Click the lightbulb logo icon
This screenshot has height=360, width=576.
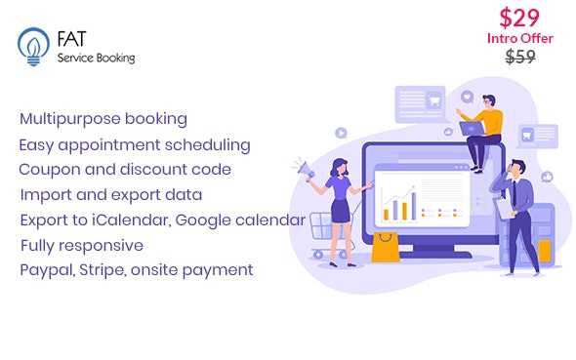click(31, 46)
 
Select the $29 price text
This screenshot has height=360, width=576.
click(521, 17)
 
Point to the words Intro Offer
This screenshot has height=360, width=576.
click(520, 38)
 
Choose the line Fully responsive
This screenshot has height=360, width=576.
click(81, 245)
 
